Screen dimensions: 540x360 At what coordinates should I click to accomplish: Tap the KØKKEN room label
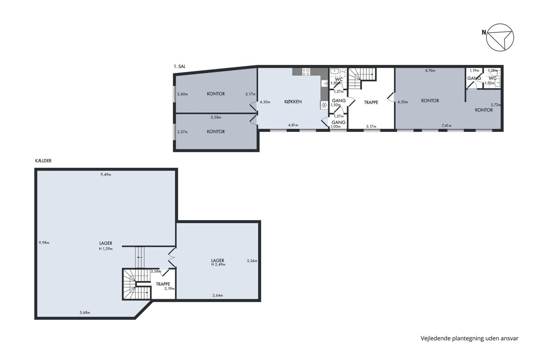[293, 102]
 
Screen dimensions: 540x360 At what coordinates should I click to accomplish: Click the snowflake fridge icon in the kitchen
[324, 105]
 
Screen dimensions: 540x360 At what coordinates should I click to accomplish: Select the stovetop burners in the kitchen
[306, 72]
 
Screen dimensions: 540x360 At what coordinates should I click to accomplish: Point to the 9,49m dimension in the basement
[106, 174]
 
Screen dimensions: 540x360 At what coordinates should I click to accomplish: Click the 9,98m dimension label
[44, 243]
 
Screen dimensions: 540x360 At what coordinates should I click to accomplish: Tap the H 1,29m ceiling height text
[106, 248]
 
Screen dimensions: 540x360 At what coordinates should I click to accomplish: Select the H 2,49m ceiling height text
[218, 264]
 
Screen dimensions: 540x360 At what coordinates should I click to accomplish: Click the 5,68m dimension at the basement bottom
[85, 313]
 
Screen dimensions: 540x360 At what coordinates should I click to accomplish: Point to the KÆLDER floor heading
[43, 161]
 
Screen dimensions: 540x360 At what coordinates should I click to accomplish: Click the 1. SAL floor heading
[180, 66]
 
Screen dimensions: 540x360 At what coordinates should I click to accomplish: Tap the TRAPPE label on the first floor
[371, 103]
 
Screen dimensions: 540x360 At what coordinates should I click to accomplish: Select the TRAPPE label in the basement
[163, 284]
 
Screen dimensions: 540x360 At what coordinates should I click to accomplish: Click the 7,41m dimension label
[447, 125]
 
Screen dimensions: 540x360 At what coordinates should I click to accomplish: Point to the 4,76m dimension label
[430, 71]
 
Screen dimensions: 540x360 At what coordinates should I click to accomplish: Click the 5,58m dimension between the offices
[216, 117]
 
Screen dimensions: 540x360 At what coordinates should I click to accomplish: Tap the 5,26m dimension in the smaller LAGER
[252, 261]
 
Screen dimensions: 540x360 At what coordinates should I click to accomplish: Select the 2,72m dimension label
[496, 105]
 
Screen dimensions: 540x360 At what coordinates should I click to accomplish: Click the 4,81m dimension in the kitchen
[293, 125]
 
